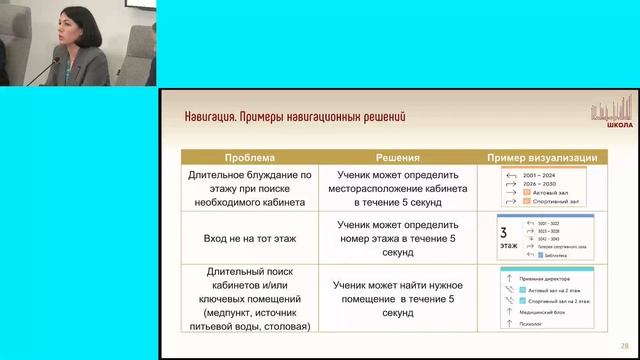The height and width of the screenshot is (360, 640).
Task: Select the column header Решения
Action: tap(398, 158)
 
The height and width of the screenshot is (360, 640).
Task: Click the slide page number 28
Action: tap(624, 343)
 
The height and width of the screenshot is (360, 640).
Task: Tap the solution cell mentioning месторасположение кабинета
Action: tap(398, 187)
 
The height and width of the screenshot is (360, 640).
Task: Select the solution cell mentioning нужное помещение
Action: tap(398, 298)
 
